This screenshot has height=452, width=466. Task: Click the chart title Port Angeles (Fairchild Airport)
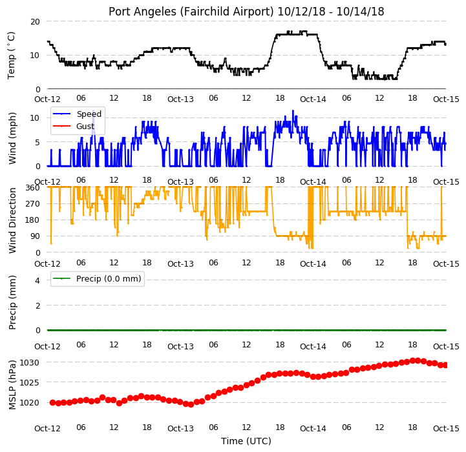[x=191, y=12]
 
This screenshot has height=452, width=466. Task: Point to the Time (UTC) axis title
[x=246, y=441]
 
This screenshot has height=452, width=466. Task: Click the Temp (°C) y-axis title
[x=11, y=56]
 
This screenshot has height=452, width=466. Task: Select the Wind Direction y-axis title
[x=12, y=220]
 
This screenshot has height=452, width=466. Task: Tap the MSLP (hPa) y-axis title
[x=12, y=385]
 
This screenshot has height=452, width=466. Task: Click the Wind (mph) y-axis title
[x=12, y=138]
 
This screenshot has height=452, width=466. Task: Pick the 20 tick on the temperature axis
[x=35, y=22]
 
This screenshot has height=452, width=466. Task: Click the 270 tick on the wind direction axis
[x=33, y=204]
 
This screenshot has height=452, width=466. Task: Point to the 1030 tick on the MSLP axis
[x=30, y=363]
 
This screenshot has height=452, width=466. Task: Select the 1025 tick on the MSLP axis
[x=30, y=382]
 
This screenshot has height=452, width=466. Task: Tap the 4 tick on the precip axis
[x=37, y=280]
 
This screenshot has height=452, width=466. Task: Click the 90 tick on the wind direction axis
[x=35, y=236]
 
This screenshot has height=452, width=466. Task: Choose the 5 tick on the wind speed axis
[x=37, y=142]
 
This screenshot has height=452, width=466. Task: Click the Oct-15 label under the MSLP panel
[x=446, y=429]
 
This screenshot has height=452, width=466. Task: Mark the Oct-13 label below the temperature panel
[x=180, y=99]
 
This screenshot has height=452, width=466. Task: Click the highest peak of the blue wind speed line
[x=293, y=110]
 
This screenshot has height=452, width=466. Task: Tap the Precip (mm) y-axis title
[x=12, y=303]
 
